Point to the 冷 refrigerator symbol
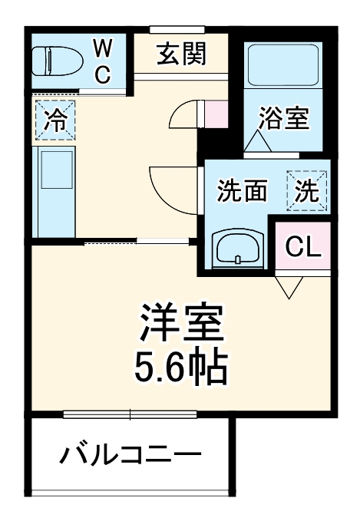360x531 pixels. click(54, 120)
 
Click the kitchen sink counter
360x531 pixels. click(54, 192)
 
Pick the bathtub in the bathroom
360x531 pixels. click(282, 67)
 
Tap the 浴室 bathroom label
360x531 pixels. click(283, 119)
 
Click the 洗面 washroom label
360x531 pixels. click(241, 190)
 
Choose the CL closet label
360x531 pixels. click(303, 246)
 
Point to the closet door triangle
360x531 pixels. click(289, 287)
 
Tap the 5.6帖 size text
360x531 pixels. click(182, 368)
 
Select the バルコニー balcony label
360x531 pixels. click(131, 457)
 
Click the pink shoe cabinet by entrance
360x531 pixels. click(217, 114)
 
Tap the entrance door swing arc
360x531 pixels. click(184, 115)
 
